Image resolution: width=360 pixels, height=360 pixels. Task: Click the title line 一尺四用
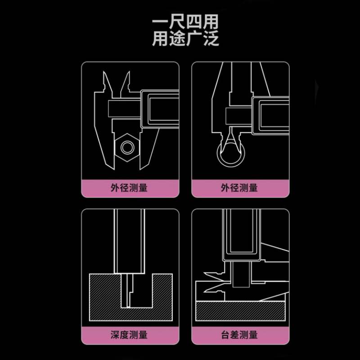point(185,22)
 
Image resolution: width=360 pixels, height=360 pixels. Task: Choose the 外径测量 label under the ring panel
point(239,187)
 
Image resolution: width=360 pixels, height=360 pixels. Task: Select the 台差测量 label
point(239,335)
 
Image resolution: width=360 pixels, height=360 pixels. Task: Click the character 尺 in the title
point(177,22)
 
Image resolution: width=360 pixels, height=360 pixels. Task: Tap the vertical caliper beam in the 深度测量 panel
point(130,243)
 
